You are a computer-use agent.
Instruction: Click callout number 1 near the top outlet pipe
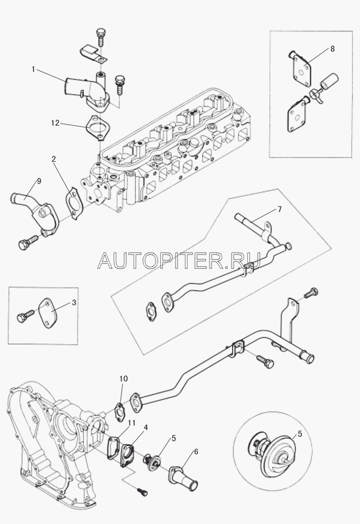click(34, 69)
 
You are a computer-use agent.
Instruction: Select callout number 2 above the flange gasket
click(53, 158)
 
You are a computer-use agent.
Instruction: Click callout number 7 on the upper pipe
click(279, 210)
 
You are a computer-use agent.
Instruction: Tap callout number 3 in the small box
click(74, 303)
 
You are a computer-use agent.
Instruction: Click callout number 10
click(123, 378)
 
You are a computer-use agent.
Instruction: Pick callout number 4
click(146, 427)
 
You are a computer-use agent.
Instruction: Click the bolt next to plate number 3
click(25, 318)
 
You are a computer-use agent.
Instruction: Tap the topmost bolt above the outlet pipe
click(101, 35)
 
